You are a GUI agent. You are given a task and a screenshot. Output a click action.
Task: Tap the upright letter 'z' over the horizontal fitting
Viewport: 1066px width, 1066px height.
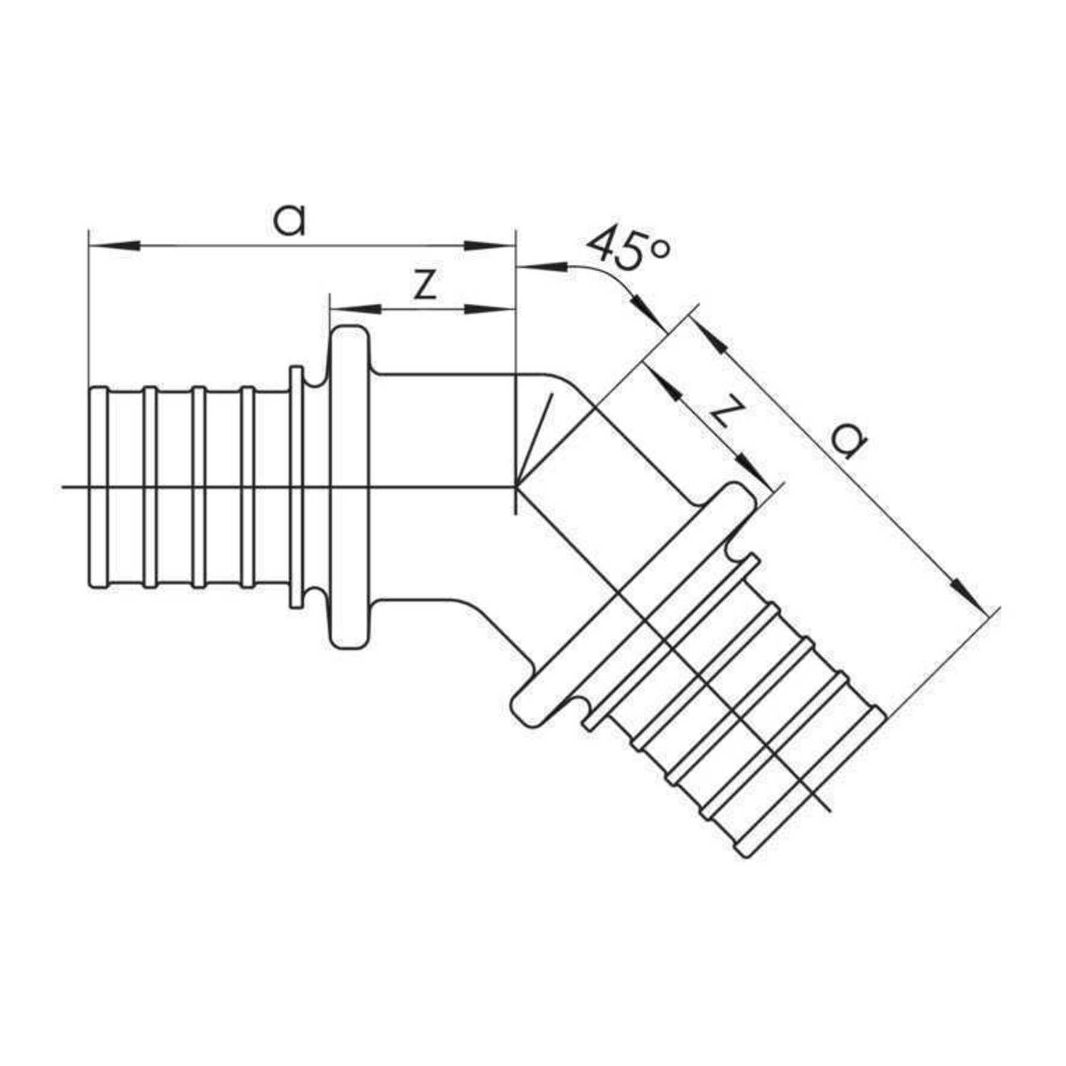point(425,285)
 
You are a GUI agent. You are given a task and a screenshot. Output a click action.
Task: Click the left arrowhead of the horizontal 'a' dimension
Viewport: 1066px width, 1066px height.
point(114,245)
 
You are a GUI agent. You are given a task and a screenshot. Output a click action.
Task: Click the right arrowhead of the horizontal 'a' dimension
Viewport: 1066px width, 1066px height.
point(489,245)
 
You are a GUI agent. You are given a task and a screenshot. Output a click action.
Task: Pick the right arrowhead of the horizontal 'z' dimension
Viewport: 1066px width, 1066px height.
point(489,309)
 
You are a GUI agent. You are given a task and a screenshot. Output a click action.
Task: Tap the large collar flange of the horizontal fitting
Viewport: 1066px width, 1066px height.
point(348,487)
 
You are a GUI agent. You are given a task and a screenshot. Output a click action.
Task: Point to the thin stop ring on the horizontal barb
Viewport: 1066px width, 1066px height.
point(295,487)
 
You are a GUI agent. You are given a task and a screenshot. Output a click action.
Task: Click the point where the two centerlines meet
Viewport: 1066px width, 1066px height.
point(516,487)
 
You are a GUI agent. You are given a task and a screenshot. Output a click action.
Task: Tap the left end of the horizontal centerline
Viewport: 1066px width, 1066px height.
point(63,487)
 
